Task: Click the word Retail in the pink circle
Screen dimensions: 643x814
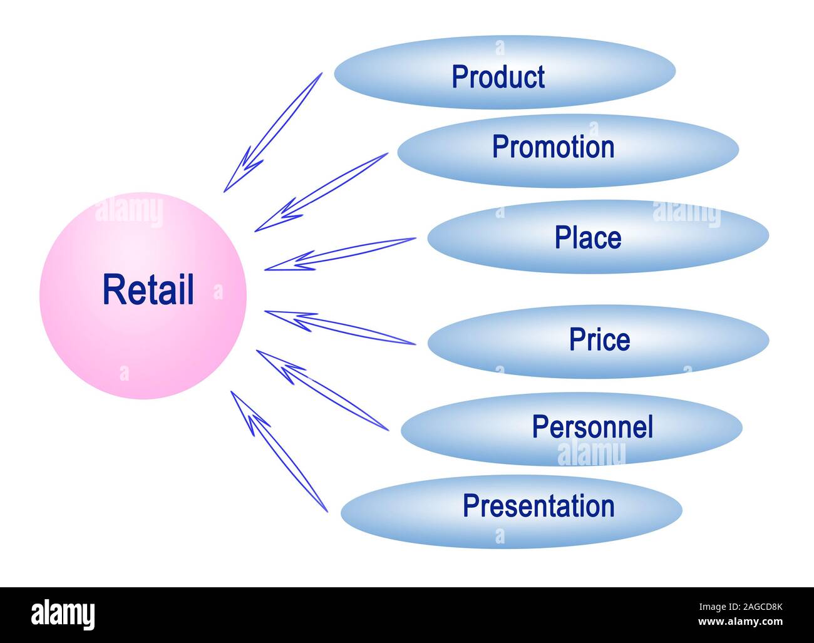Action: pyautogui.click(x=148, y=290)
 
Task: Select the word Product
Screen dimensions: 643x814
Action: pyautogui.click(x=498, y=77)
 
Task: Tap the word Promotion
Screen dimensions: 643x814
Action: pyautogui.click(x=553, y=147)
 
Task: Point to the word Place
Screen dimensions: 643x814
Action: pyautogui.click(x=588, y=238)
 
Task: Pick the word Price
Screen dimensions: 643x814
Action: pyautogui.click(x=599, y=339)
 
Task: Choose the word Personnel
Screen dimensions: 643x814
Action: pyautogui.click(x=592, y=427)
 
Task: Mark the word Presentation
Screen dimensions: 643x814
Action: pyautogui.click(x=538, y=506)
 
